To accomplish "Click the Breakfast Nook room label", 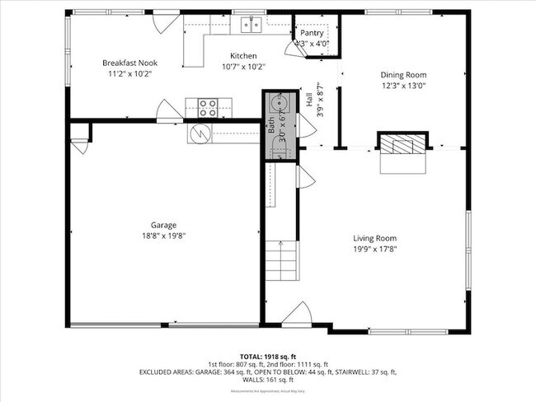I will point(129,63).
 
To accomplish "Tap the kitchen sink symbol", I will point(250,26).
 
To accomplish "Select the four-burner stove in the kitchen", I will point(208,106).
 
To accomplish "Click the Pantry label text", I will point(317,33).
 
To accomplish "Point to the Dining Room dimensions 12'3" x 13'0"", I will point(403,85).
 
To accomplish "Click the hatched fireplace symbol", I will point(403,146).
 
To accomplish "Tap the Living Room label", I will point(375,238).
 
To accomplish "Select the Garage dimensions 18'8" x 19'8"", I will point(163,236).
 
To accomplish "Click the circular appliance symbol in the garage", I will point(199,132).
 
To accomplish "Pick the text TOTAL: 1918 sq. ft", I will point(267,355).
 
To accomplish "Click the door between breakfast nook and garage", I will point(169,110).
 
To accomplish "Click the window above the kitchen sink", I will point(250,12).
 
